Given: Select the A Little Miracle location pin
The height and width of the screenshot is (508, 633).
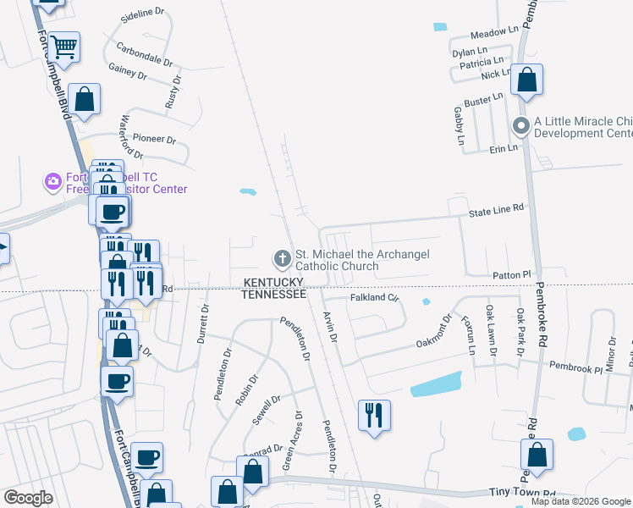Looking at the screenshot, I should (x=521, y=127).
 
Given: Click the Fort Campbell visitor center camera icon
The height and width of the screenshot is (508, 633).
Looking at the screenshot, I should (x=53, y=181).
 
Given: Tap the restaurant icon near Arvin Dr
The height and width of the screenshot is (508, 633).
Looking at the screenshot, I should (x=373, y=415).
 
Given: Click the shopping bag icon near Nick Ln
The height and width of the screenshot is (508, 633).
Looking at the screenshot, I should (x=526, y=80).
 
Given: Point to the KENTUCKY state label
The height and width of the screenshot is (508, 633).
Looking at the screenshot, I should (x=273, y=282).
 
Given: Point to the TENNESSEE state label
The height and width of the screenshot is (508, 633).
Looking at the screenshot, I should (x=273, y=294).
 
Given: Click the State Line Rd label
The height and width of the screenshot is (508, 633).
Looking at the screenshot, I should (x=497, y=207).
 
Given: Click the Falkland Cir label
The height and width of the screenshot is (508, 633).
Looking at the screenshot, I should (x=374, y=298).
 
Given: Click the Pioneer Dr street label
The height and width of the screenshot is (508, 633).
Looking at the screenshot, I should (x=153, y=140).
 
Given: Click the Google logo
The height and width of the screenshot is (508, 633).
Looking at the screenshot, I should (x=29, y=498).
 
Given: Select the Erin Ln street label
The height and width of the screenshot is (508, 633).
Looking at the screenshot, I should (x=503, y=148).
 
